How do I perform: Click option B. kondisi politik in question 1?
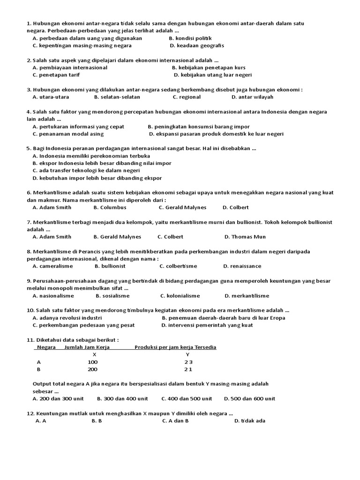[190, 38]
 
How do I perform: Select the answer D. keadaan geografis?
[197, 45]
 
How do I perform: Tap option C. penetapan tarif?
[56, 75]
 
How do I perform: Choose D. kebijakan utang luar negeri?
[212, 75]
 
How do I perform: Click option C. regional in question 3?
[187, 97]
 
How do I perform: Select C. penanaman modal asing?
[68, 134]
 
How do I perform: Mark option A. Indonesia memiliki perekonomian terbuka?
[91, 156]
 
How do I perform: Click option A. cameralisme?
[52, 266]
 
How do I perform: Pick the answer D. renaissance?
[242, 266]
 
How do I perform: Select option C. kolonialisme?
[180, 296]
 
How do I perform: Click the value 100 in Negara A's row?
[93, 362]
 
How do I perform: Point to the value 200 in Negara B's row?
[93, 369]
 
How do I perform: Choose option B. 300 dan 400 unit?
[122, 399]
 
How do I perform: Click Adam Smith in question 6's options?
[52, 207]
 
